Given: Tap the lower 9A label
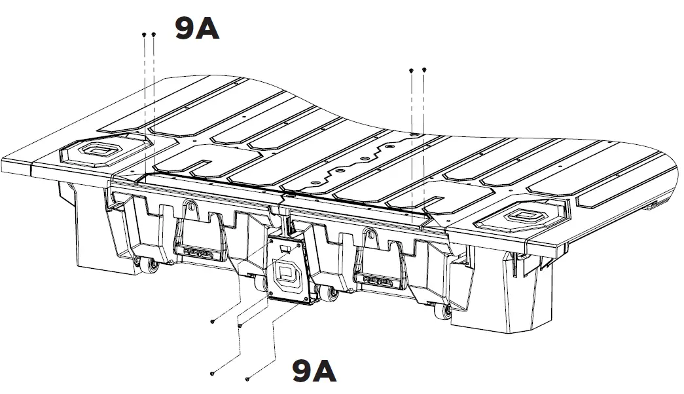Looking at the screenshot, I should (x=314, y=372).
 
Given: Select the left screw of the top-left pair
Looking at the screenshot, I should (x=143, y=33).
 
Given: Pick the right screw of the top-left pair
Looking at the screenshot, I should (x=153, y=33).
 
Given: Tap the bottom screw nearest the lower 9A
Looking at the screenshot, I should (x=248, y=378).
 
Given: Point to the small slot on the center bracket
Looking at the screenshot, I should (x=284, y=249).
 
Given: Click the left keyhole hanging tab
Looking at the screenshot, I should (x=190, y=208).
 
